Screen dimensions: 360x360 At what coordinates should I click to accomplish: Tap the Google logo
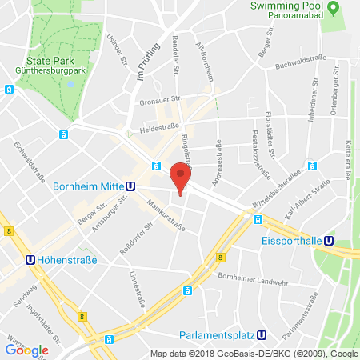[26, 350]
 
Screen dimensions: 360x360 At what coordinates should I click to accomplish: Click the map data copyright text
[254, 353]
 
